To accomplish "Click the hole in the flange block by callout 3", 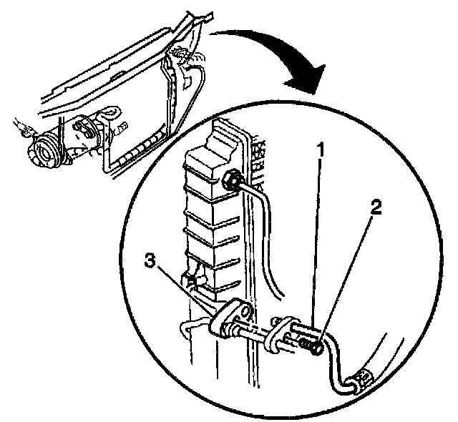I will [241, 313].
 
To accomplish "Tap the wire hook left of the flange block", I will [187, 328].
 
